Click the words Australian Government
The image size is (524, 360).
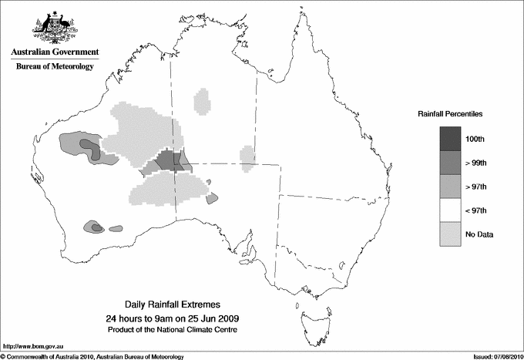55,52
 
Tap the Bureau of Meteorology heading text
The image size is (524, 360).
55,66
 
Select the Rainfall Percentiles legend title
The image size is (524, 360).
450,114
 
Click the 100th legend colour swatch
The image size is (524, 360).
450,139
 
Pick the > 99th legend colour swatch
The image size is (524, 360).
450,163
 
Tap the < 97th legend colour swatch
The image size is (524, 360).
450,210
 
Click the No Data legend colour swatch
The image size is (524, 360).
450,234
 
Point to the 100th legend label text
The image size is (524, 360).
475,140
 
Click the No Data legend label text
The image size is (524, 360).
479,234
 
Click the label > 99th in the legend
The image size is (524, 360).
475,163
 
